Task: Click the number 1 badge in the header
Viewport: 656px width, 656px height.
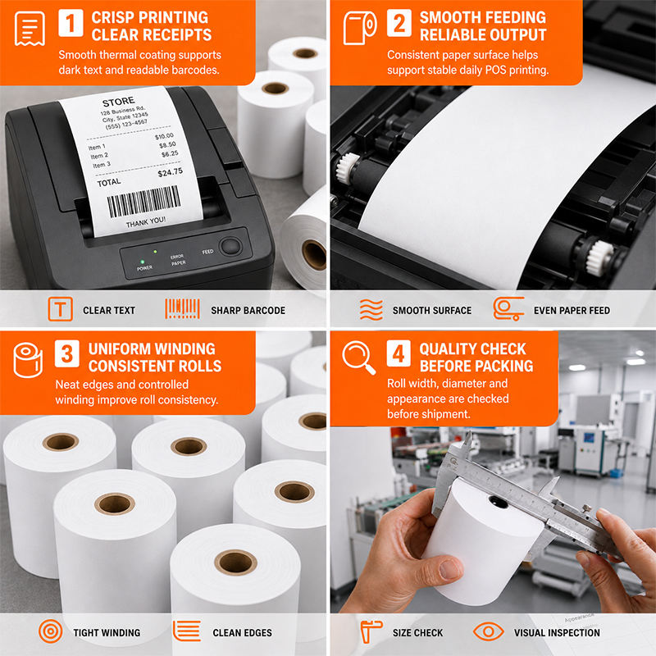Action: pos(71,23)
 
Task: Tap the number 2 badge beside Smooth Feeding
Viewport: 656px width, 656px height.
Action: pos(399,23)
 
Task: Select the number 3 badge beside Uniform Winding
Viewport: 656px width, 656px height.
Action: pos(67,353)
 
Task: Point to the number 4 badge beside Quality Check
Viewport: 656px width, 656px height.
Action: pos(399,353)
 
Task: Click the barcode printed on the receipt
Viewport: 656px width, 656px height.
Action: pos(143,201)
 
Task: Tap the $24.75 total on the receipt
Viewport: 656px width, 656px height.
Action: pos(170,172)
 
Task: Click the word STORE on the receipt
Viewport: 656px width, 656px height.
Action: pos(118,102)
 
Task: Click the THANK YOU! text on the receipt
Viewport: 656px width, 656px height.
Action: pos(146,221)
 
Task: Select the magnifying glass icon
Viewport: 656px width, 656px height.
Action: pos(358,357)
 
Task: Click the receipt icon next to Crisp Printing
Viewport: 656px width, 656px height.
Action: pos(30,29)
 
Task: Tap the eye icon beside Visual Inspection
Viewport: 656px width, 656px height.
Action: pos(488,631)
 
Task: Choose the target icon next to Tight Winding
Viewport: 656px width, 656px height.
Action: pos(51,631)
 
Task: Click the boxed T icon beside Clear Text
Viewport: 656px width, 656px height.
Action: pos(60,309)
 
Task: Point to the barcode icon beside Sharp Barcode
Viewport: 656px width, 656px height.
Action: pos(182,309)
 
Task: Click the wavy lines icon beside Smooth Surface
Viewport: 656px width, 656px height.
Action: pos(371,310)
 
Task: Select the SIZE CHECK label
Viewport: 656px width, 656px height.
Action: pos(417,633)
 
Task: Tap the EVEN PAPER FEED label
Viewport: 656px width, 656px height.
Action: pos(572,311)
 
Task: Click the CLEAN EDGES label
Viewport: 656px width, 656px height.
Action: pos(242,633)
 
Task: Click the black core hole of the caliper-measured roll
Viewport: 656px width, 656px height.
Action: pos(498,502)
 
